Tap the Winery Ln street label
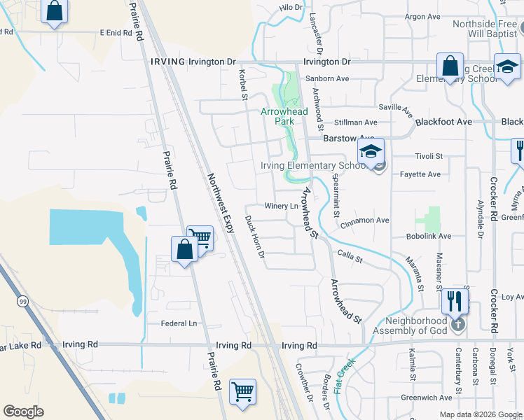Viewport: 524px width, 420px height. pos(282,206)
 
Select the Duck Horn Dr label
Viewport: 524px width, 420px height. pos(254,235)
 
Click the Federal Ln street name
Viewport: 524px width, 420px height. pos(179,323)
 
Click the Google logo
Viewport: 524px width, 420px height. pos(23,411)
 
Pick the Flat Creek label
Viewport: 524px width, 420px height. pos(345,376)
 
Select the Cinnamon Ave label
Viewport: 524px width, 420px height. pos(364,220)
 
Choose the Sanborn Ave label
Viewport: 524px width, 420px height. pos(327,79)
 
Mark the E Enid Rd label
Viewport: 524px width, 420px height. pos(116,33)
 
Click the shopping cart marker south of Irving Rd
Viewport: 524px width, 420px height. pos(242,392)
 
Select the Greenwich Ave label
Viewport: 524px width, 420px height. pos(426,398)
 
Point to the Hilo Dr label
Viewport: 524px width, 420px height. pos(291,7)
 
